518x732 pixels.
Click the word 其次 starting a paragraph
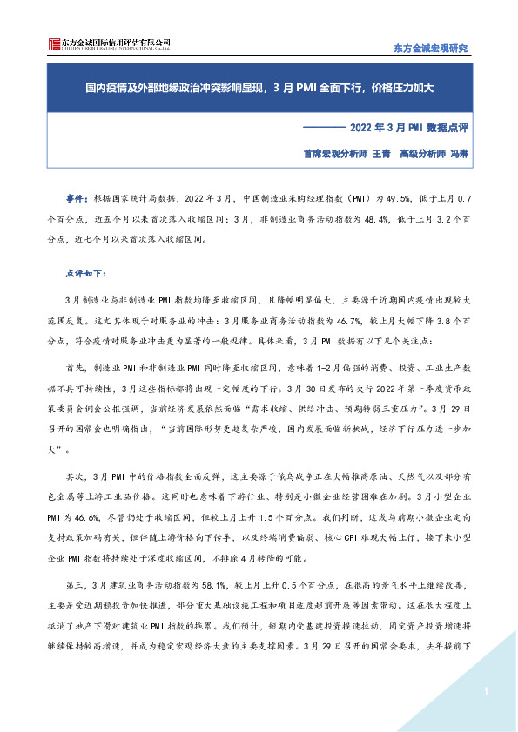pyautogui.click(x=77, y=477)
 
